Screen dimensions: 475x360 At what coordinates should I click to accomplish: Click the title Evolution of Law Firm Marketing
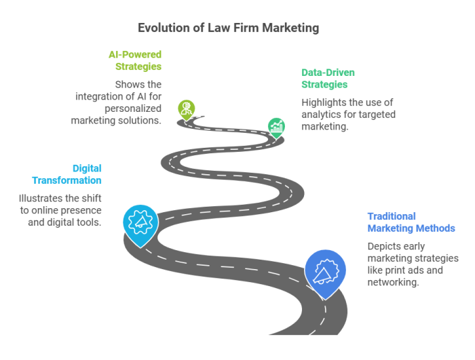(x=229, y=28)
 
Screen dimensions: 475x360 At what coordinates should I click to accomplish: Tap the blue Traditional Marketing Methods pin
(x=325, y=273)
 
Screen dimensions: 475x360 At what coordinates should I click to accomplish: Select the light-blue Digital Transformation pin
(x=140, y=224)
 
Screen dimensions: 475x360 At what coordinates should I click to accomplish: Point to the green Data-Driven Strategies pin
(x=276, y=127)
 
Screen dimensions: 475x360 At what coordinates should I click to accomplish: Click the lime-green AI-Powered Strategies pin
(x=187, y=110)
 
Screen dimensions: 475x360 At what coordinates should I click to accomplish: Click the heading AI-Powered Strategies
(x=135, y=60)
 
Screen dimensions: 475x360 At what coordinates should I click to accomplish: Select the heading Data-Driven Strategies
(x=328, y=79)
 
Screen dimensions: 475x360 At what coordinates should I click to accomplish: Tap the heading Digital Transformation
(x=66, y=174)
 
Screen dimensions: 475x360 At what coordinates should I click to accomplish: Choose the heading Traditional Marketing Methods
(x=411, y=222)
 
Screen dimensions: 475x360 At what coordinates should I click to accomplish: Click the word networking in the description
(x=393, y=282)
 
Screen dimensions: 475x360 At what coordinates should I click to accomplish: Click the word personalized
(x=133, y=108)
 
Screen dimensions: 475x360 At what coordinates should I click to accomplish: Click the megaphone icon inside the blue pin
(x=325, y=271)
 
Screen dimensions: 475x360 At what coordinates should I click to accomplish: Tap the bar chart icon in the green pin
(x=276, y=126)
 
